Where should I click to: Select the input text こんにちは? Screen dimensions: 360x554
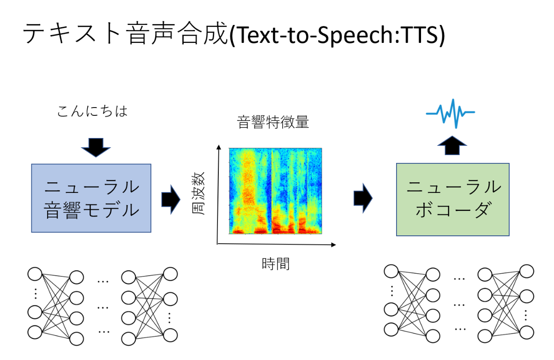(92, 111)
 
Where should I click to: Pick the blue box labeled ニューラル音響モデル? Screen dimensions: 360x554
(91, 198)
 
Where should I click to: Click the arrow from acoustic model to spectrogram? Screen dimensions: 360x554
(170, 199)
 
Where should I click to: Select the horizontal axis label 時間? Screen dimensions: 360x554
(275, 264)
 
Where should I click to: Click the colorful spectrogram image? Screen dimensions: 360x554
(275, 191)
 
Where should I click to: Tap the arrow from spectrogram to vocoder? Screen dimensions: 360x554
(362, 198)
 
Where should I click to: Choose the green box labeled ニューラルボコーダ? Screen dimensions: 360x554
(452, 199)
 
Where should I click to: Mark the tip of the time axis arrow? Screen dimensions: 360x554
(335, 245)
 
